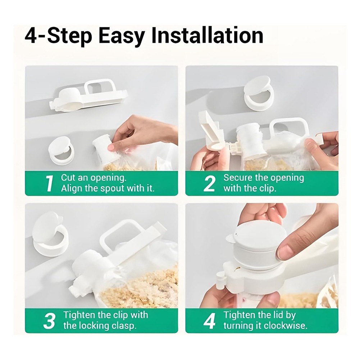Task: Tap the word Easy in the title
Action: (x=122, y=37)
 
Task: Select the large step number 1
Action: (x=49, y=183)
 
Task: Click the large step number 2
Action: (x=209, y=183)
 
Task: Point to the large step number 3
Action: (x=49, y=320)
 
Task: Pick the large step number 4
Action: (x=209, y=320)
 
